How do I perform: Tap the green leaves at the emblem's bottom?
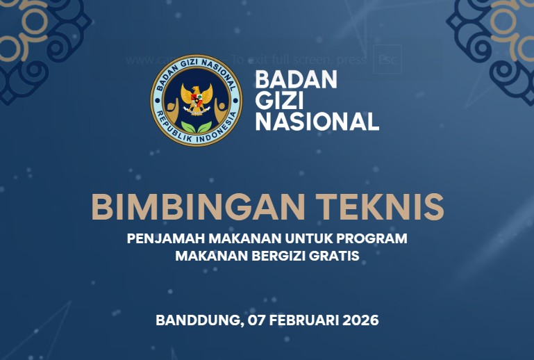[x=196, y=125]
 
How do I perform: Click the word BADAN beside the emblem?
[x=296, y=80]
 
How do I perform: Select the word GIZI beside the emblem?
[x=274, y=101]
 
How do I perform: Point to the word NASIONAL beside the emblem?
[x=317, y=122]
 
